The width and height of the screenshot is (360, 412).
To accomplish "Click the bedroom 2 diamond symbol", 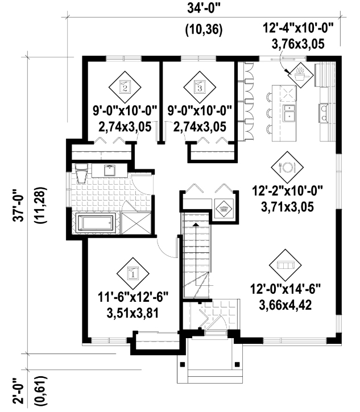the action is pyautogui.click(x=125, y=87).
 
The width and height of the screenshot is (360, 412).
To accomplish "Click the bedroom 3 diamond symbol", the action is pyautogui.click(x=200, y=87).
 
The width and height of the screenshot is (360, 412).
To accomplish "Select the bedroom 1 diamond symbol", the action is pyautogui.click(x=133, y=273).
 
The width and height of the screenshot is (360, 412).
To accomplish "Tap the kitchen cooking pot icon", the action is pyautogui.click(x=301, y=75).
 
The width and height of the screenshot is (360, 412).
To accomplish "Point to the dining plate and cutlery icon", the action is pyautogui.click(x=287, y=167).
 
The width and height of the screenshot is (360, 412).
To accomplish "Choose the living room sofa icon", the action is pyautogui.click(x=285, y=265).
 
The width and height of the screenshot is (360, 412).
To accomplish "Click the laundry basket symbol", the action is pyautogui.click(x=224, y=209).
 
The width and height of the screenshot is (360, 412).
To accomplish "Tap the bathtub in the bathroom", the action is pyautogui.click(x=96, y=223).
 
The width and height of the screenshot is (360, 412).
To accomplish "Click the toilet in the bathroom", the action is pyautogui.click(x=81, y=173).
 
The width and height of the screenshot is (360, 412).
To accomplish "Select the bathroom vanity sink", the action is pyautogui.click(x=109, y=170).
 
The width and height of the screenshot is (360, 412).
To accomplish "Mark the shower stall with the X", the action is pyautogui.click(x=136, y=223).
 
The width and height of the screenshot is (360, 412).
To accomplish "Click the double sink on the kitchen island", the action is pyautogui.click(x=289, y=113).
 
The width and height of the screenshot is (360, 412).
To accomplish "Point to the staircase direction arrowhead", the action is pyautogui.click(x=196, y=224).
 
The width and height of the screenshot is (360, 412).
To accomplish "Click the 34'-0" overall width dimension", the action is pyautogui.click(x=204, y=9).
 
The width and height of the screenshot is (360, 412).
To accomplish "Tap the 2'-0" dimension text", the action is pyautogui.click(x=19, y=391).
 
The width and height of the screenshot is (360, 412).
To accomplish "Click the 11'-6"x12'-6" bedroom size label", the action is pyautogui.click(x=133, y=298).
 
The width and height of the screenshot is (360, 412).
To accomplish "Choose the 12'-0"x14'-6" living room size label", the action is pyautogui.click(x=285, y=290).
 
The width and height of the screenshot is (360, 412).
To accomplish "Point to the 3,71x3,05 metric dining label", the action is pyautogui.click(x=287, y=207).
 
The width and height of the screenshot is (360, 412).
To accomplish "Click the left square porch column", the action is pyautogui.click(x=182, y=364).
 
